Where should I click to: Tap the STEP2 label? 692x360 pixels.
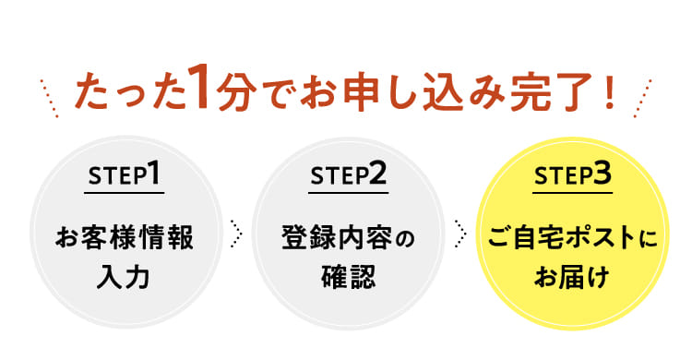click(x=349, y=175)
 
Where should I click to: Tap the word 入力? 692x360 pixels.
click(x=125, y=276)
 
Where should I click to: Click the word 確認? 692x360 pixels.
click(x=348, y=276)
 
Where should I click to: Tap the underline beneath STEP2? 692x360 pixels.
click(x=349, y=193)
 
